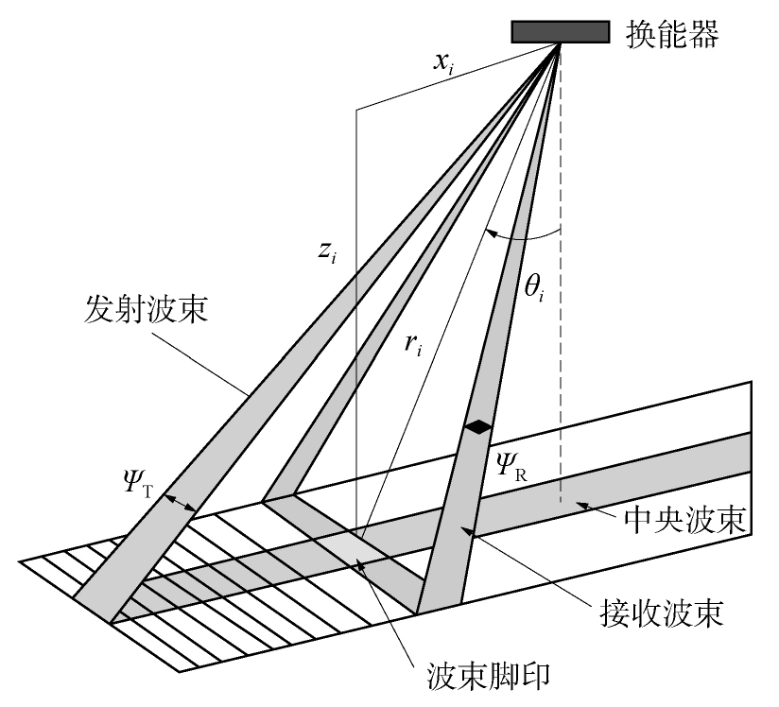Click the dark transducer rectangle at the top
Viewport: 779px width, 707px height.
[x=561, y=32]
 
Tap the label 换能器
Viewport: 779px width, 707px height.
[x=672, y=34]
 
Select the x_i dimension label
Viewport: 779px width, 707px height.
[x=443, y=63]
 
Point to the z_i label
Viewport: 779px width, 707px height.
[x=327, y=253]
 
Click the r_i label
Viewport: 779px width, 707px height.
[x=413, y=344]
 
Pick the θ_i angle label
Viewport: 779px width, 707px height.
[x=534, y=287]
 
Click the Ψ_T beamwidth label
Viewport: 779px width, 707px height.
[x=139, y=482]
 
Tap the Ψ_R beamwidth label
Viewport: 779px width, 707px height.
[x=511, y=468]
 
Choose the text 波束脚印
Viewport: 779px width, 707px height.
[x=489, y=676]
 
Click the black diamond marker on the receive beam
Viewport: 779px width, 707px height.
[x=478, y=427]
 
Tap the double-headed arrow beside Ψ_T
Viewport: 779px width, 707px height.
[x=180, y=502]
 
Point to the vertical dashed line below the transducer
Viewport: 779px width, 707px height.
[x=561, y=273]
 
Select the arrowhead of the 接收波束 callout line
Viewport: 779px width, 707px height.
[x=466, y=531]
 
